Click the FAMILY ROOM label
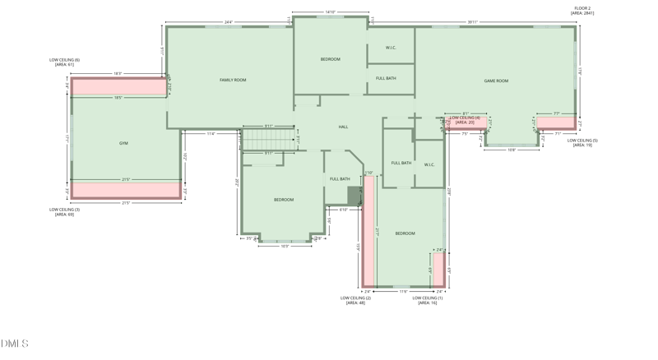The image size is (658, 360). click(233, 81)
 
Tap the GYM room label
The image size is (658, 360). click(123, 143)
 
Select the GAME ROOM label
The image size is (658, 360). click(496, 81)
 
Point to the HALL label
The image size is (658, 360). click(343, 127)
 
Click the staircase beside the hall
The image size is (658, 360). click(268, 139)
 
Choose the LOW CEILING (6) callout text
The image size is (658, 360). click(64, 60)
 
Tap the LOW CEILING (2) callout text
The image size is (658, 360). click(355, 298)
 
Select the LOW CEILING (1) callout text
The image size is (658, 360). click(427, 298)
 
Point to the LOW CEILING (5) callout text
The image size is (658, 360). click(582, 141)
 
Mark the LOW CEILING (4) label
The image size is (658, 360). click(465, 118)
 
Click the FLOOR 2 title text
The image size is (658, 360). click(582, 8)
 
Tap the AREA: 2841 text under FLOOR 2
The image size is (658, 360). click(582, 13)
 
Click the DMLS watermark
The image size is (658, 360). click(14, 344)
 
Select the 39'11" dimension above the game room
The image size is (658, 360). click(472, 22)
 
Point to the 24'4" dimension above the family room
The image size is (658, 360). click(228, 22)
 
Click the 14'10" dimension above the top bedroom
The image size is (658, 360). click(330, 12)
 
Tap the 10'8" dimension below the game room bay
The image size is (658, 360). click(511, 150)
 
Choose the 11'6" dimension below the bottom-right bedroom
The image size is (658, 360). click(403, 291)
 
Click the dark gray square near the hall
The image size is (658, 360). click(354, 196)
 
